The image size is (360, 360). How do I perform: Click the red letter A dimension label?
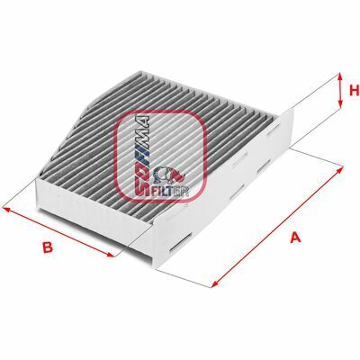click(295, 238)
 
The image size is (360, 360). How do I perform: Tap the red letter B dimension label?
click(48, 247)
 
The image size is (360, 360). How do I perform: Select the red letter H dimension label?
click(355, 90)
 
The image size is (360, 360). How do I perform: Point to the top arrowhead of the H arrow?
click(340, 76)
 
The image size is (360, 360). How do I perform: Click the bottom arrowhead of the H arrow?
click(340, 103)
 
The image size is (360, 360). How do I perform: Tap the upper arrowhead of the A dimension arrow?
click(339, 170)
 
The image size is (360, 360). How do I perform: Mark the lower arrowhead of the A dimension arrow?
click(215, 284)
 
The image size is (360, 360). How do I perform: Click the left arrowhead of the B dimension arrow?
click(6, 209)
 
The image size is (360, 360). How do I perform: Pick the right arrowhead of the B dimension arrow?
click(111, 255)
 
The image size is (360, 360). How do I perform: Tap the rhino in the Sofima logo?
click(170, 175)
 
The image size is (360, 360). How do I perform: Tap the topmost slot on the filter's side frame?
click(275, 130)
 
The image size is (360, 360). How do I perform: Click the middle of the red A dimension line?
click(277, 227)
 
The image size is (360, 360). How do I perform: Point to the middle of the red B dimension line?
click(58, 231)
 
